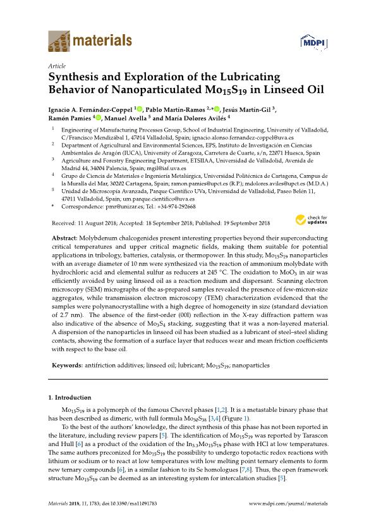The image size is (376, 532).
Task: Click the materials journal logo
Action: pos(90,41)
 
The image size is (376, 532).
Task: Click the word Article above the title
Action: pos(58,65)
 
